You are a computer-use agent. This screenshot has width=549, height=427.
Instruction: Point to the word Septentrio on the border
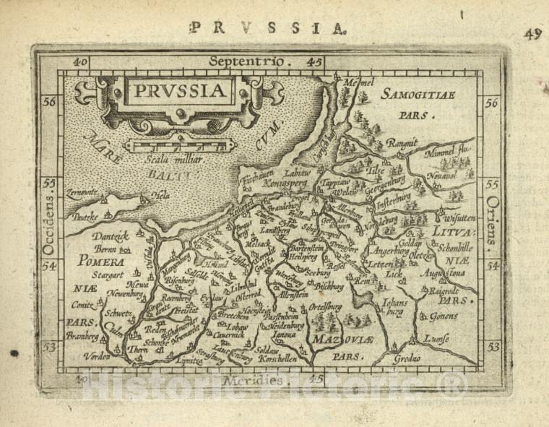point(246,61)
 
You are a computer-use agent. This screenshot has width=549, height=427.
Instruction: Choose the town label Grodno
point(409,358)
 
